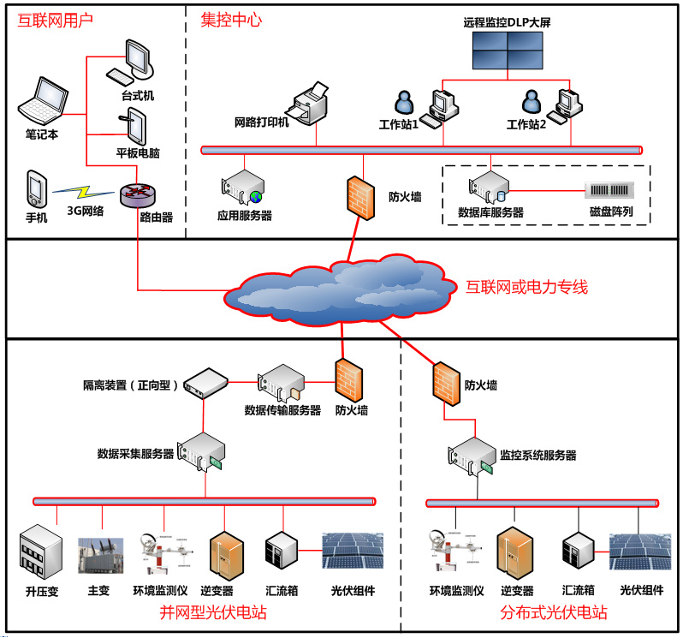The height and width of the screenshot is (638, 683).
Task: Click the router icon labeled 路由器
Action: tap(138, 195)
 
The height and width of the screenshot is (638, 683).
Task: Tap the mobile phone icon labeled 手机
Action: tap(37, 189)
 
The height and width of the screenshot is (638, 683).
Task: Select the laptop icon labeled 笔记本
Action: tap(43, 101)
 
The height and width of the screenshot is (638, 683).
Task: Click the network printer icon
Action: tap(307, 104)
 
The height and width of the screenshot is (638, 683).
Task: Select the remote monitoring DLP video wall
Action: tap(508, 51)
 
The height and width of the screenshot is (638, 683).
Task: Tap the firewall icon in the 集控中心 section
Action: tap(360, 198)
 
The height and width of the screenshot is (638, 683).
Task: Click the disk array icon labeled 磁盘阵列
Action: tap(609, 190)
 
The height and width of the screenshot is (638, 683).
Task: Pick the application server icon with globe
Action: tap(242, 188)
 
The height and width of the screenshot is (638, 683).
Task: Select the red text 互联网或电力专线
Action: tap(526, 287)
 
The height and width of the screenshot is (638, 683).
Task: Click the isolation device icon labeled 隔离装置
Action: tap(205, 383)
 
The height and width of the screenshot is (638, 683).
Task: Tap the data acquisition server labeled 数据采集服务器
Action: tap(201, 452)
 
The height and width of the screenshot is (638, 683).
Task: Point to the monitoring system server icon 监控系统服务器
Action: tap(472, 456)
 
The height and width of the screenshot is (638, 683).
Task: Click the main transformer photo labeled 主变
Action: tap(101, 555)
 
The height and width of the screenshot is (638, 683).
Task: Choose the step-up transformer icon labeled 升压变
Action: tap(41, 552)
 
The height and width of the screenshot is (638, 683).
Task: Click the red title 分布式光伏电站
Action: tap(554, 612)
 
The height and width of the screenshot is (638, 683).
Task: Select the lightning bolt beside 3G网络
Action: tap(83, 191)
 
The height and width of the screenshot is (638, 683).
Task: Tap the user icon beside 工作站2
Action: tap(532, 101)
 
